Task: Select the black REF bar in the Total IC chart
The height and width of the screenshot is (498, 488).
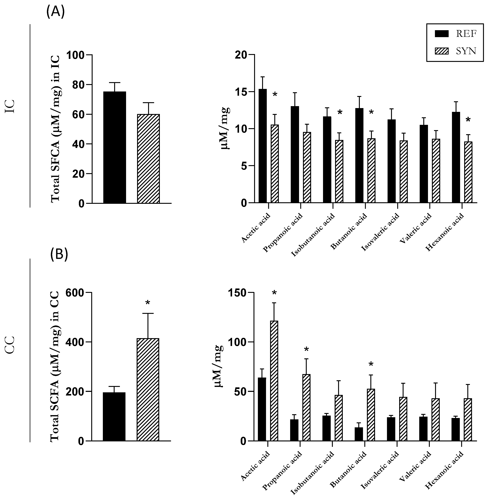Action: (x=115, y=147)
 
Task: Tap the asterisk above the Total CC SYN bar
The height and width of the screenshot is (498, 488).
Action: (x=148, y=303)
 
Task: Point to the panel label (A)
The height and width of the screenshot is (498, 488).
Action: (x=55, y=11)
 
